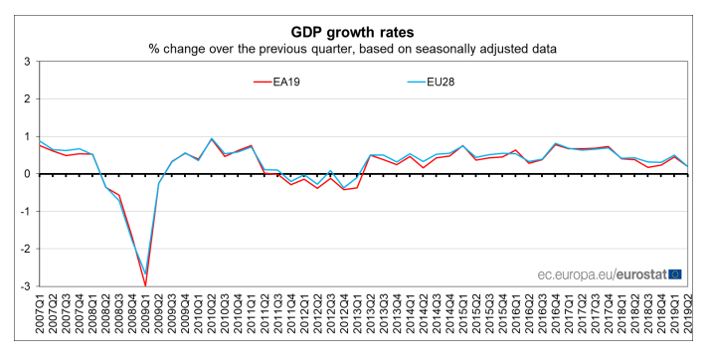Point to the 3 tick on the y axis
26,62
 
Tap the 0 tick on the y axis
26,174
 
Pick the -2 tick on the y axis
24,250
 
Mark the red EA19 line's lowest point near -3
145,285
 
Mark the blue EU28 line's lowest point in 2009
145,274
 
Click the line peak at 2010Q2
212,139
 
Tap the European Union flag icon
675,272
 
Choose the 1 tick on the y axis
26,136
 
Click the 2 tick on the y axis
26,99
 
